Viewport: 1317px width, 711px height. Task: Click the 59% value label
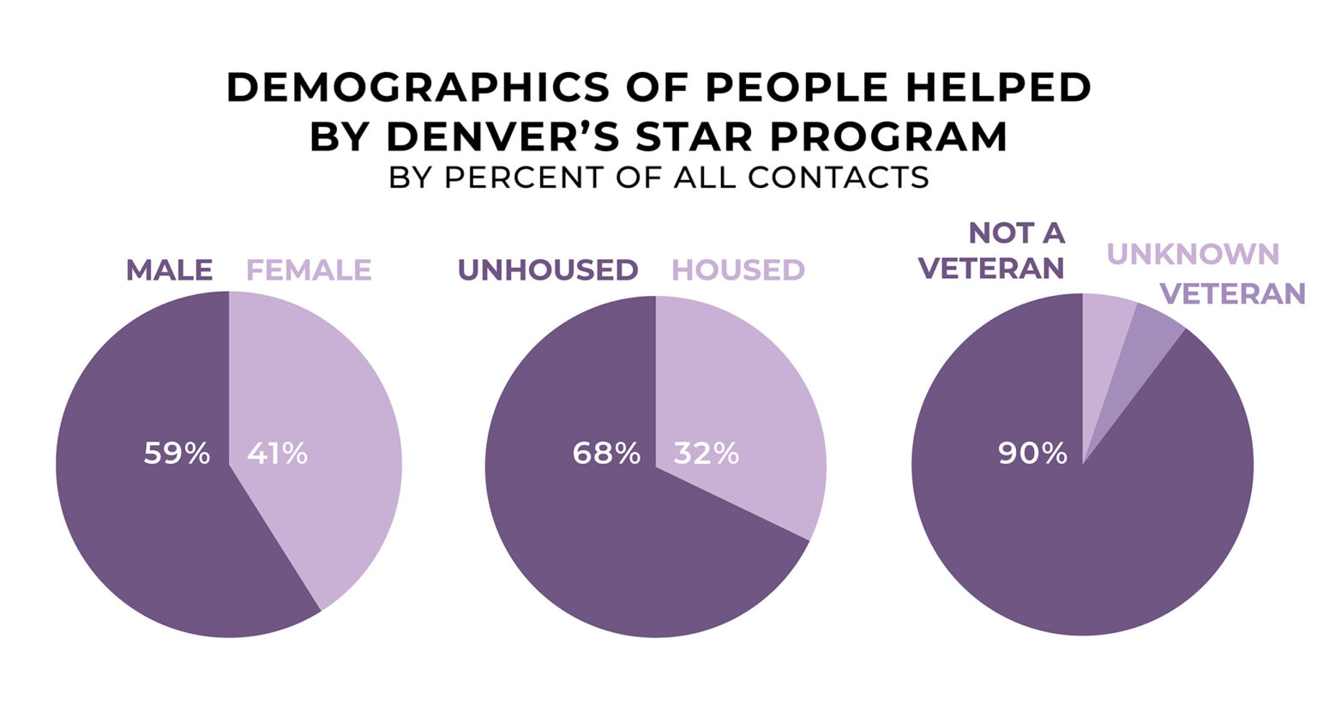click(x=177, y=453)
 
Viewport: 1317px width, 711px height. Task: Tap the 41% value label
click(x=277, y=453)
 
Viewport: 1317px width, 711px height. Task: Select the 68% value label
click(x=606, y=453)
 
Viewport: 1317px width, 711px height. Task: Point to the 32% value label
click(x=706, y=453)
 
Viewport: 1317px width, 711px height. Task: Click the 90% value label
click(x=1032, y=453)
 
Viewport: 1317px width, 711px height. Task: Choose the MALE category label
click(x=169, y=270)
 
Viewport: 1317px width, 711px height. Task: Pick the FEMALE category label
click(x=309, y=270)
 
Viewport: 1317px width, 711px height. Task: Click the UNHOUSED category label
click(x=548, y=270)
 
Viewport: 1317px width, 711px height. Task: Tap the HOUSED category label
click(x=738, y=270)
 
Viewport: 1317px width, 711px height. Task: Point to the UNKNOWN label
click(x=1193, y=254)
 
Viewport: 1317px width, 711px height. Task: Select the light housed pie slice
click(x=737, y=412)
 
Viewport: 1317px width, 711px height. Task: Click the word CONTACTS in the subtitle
click(x=839, y=177)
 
